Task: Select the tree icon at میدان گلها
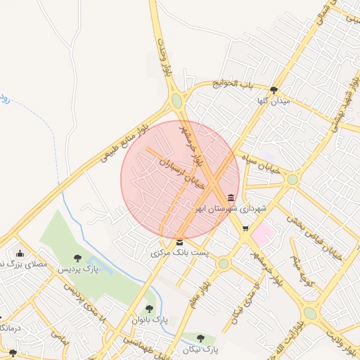tap(274, 89)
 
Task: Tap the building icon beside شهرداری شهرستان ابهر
tap(232, 197)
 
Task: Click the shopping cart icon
tap(245, 228)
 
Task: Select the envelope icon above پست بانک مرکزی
tap(180, 241)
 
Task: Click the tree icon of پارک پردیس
tap(77, 258)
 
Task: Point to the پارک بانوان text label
tap(148, 319)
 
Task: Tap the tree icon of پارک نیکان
tap(202, 337)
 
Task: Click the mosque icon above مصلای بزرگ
tap(20, 254)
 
